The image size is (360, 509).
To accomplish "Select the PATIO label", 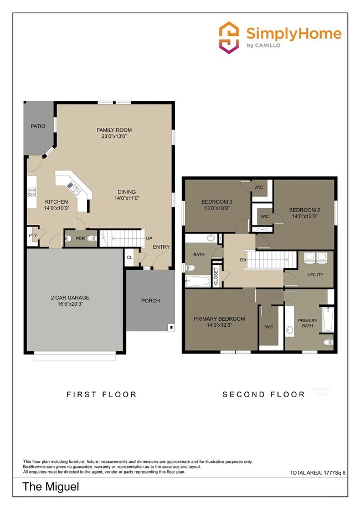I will click(x=38, y=126).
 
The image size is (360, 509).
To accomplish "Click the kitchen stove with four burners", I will click(x=32, y=193).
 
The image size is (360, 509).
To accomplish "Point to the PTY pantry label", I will click(x=33, y=235).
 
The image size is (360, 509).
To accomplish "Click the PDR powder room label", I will click(x=80, y=238).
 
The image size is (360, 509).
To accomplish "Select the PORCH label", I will click(x=150, y=301).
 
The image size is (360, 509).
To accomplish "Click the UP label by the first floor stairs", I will click(x=149, y=238).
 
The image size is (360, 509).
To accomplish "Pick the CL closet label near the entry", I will click(x=130, y=258).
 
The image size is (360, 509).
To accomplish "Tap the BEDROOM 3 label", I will click(x=217, y=202).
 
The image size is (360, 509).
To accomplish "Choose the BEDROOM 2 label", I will click(x=305, y=210).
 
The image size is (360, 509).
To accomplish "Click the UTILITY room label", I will click(x=315, y=275).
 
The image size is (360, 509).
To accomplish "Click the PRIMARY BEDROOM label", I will click(x=219, y=318).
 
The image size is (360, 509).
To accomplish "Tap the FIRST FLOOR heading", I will click(x=101, y=394).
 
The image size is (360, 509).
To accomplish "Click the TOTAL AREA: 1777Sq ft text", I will click(x=317, y=472).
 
